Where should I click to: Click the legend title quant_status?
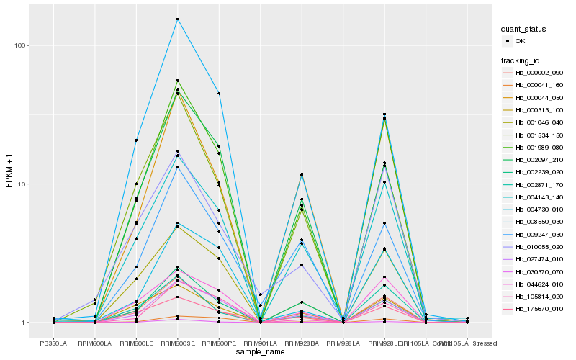[x=524, y=29]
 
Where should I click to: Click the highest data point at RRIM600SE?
[x=178, y=19]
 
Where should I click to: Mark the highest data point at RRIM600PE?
[x=219, y=94]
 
